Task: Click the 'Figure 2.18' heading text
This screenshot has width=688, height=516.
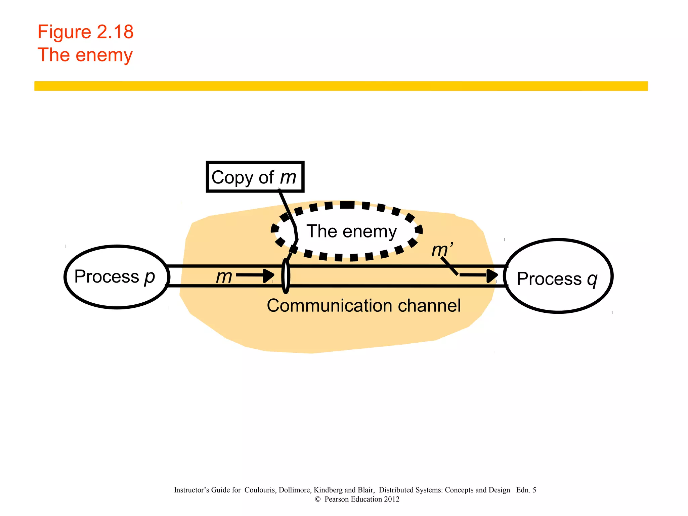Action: (x=85, y=32)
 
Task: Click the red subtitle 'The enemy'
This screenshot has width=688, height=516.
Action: (x=85, y=55)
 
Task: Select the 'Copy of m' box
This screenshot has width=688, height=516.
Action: (x=255, y=177)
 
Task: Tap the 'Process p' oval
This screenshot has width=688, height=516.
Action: (x=117, y=277)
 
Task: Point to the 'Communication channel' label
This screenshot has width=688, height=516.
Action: (x=364, y=306)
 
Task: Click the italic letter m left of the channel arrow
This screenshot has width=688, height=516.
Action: (x=224, y=277)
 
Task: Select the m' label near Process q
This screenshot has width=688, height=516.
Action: (x=442, y=250)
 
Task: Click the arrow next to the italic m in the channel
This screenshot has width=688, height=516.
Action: (x=255, y=275)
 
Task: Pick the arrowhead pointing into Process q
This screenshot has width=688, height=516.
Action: (x=492, y=275)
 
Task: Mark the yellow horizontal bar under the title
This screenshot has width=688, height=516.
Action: (x=341, y=86)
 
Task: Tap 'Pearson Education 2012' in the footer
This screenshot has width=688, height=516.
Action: (x=362, y=499)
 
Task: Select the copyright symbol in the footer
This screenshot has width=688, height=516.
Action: (x=317, y=499)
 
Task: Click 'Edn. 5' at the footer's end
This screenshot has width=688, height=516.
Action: (x=526, y=490)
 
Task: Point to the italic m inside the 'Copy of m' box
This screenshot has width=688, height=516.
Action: (x=288, y=177)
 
